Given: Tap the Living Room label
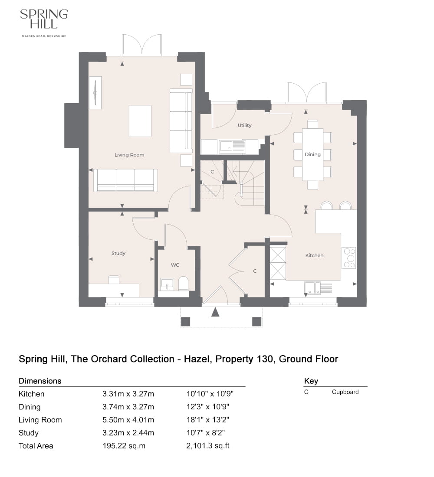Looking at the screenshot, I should click(129, 155).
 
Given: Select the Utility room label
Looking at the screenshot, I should click(244, 125).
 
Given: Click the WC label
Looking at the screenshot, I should click(175, 265).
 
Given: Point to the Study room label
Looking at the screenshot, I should click(118, 253).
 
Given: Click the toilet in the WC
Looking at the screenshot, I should click(184, 284).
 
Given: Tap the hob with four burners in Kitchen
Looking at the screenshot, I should click(349, 258).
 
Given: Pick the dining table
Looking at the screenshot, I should click(312, 154).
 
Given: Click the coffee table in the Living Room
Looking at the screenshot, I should click(140, 121).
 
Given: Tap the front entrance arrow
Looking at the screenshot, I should click(215, 312).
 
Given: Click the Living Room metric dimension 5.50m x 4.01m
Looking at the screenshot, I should click(128, 420).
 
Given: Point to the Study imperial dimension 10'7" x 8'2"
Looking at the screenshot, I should click(205, 433).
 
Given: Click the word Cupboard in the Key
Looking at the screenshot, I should click(345, 392).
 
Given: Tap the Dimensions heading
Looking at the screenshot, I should click(40, 381).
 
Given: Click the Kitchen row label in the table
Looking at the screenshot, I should click(31, 394).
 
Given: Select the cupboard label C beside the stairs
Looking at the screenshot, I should click(212, 172).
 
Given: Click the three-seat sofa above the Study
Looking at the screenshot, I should click(125, 180).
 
